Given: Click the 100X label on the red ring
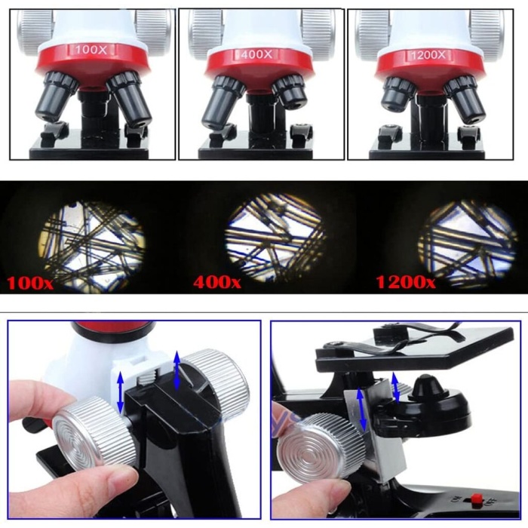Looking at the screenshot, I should pos(91,51).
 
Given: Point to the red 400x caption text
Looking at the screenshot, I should pos(217,284).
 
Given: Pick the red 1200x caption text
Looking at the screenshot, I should pos(405,284).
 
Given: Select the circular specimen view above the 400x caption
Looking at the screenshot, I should pos(275,236).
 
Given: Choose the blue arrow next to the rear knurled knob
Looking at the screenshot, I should pos(178,370).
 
